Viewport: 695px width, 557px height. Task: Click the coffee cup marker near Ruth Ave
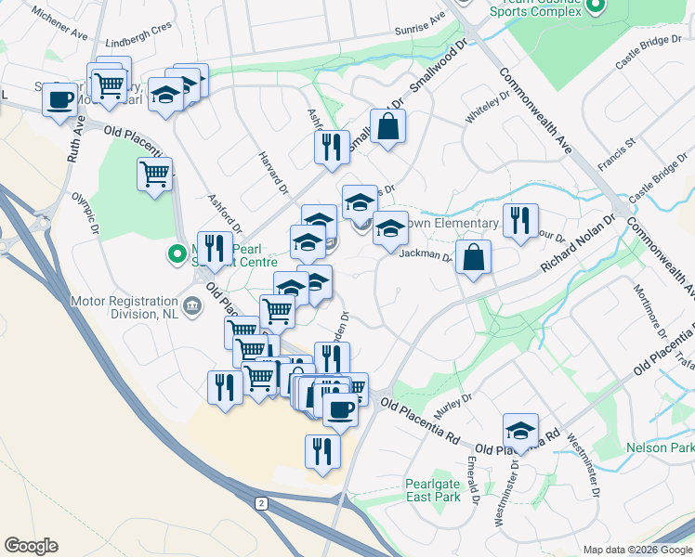[59, 99]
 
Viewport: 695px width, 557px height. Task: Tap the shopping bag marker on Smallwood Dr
[387, 126]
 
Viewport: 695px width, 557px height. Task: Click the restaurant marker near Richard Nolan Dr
[520, 221]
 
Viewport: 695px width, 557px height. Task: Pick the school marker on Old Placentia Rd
[520, 431]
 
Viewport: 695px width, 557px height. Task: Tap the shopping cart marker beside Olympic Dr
[154, 174]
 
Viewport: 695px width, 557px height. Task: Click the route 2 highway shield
[262, 503]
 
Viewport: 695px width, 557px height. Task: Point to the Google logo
[31, 546]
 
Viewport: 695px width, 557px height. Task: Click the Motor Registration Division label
[125, 307]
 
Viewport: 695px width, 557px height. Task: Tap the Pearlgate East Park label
[433, 490]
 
